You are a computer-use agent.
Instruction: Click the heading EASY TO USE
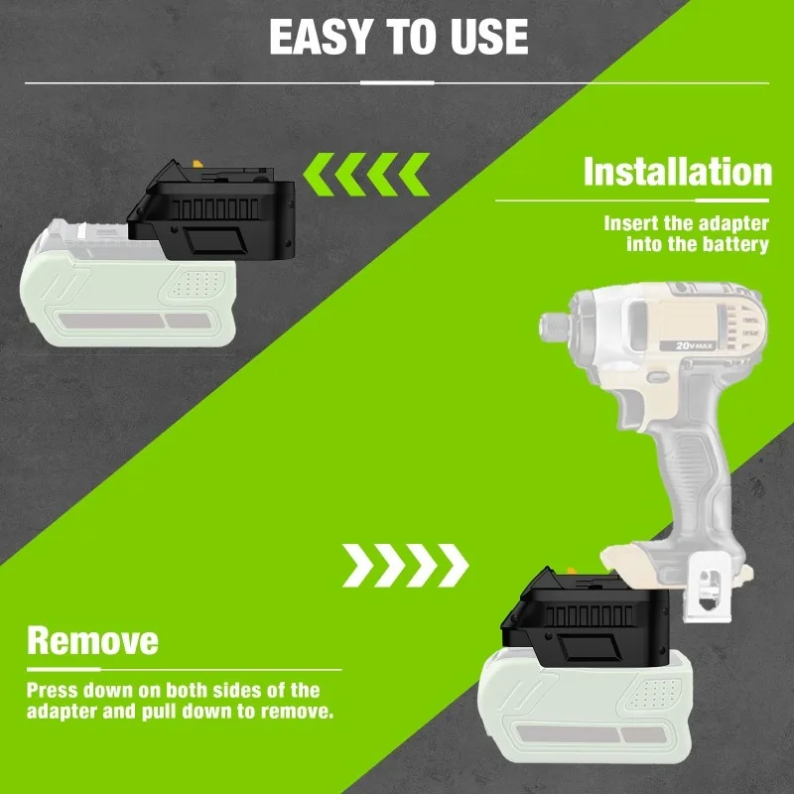click(397, 38)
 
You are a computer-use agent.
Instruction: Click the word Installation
click(677, 172)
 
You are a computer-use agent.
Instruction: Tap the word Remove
click(92, 639)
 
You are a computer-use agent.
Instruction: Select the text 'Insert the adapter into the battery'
click(687, 234)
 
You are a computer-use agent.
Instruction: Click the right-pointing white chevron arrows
click(406, 565)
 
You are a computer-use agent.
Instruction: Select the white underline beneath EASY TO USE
click(397, 82)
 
